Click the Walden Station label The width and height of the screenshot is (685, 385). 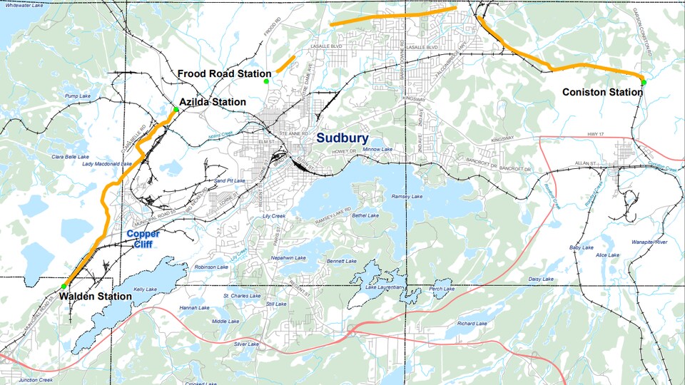coord(95,296)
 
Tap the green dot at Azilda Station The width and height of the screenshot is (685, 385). coord(176,109)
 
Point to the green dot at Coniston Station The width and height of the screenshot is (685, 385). coord(643,83)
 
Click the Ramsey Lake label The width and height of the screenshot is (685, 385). coord(405,196)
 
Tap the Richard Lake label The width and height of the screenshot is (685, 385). coord(472,323)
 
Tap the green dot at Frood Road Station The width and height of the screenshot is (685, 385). coord(266,82)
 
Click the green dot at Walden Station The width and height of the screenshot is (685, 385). coord(64,287)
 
